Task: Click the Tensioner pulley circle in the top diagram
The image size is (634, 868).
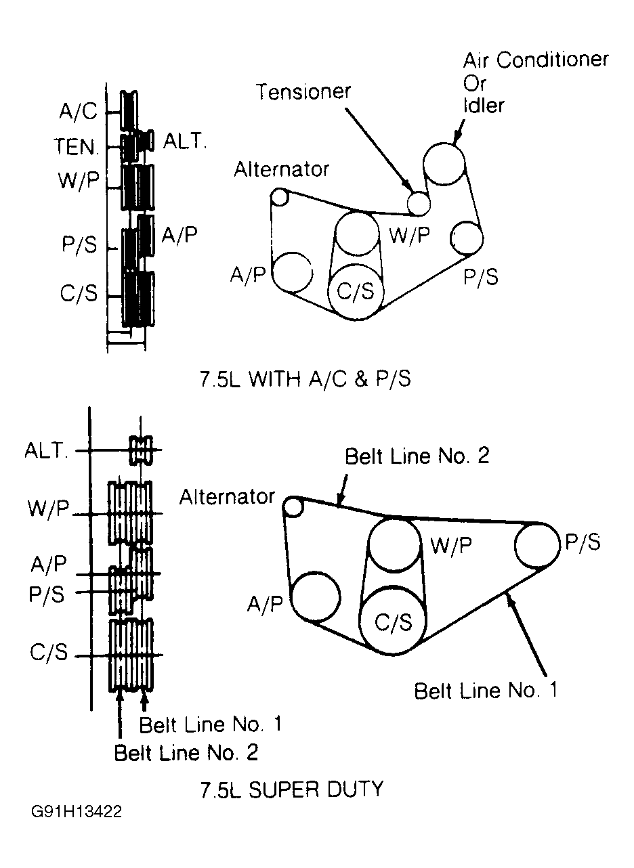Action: [419, 201]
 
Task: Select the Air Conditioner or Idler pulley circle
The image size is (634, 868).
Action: [444, 164]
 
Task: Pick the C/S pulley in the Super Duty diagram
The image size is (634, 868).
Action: [393, 621]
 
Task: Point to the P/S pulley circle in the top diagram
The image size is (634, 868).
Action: [467, 238]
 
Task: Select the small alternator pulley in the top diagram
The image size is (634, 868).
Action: [279, 197]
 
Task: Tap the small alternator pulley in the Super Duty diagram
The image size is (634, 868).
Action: [293, 506]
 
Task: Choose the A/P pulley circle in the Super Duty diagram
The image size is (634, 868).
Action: [315, 596]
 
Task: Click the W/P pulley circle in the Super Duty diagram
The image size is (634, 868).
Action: [396, 545]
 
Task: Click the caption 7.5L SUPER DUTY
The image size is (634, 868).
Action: [291, 789]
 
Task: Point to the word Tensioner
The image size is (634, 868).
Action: [303, 91]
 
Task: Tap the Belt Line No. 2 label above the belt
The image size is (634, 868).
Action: [417, 456]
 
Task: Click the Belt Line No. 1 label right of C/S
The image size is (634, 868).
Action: [486, 691]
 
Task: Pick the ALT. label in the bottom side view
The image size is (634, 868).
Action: [47, 451]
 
